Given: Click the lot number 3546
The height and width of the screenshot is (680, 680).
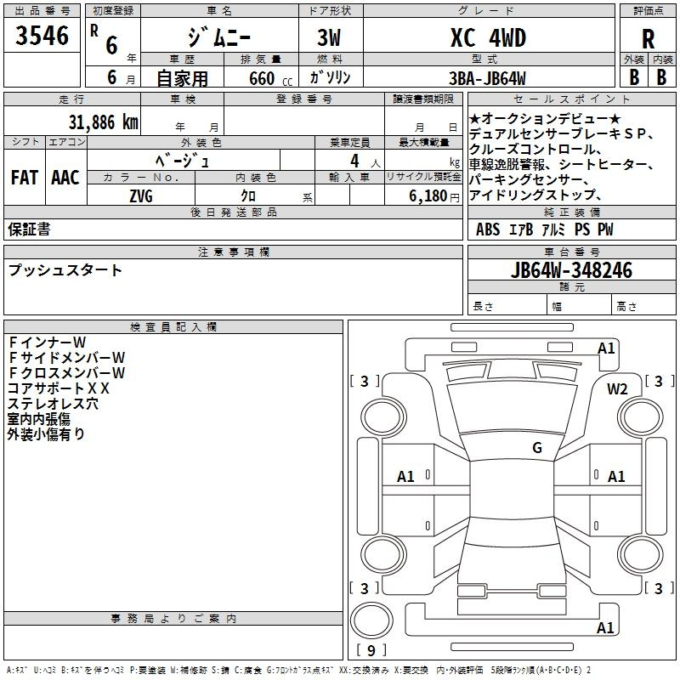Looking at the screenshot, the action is coord(42,36).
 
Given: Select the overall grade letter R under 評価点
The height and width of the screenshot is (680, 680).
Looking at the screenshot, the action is coord(648,39).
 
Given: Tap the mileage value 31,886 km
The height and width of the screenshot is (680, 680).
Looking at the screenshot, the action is coord(103,122).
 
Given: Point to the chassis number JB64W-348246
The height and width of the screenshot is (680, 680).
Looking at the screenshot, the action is coord(571,270).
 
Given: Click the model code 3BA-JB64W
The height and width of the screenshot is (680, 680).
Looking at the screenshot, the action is coord(487,78).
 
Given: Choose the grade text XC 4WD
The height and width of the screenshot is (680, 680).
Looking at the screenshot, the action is coord(488,37).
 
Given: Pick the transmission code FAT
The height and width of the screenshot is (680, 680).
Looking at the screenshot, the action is coord(25,178).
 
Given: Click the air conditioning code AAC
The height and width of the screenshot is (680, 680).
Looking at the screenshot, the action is coord(65,178).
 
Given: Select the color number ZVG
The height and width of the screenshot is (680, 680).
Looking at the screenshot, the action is coord(141,196).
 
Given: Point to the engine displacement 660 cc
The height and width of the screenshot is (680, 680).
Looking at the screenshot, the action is coord(270,79).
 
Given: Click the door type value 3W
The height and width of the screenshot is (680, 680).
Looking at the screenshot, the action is coord(329,37).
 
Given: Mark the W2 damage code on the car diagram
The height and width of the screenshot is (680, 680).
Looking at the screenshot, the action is coord(617,389).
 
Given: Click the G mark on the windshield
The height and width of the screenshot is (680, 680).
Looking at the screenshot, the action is coord(537,447).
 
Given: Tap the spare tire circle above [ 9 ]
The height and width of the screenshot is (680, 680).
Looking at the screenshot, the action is coord(371,620).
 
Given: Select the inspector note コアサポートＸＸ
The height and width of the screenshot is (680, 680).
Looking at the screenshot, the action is coord(58,388).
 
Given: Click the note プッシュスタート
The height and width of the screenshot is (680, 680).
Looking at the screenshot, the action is coord(65,270).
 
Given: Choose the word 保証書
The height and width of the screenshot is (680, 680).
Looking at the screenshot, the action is coord(29,229).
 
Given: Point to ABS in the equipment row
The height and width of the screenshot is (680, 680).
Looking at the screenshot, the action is coord(488,229).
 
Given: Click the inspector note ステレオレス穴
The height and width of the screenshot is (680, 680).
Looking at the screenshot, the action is coord(53,403).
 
